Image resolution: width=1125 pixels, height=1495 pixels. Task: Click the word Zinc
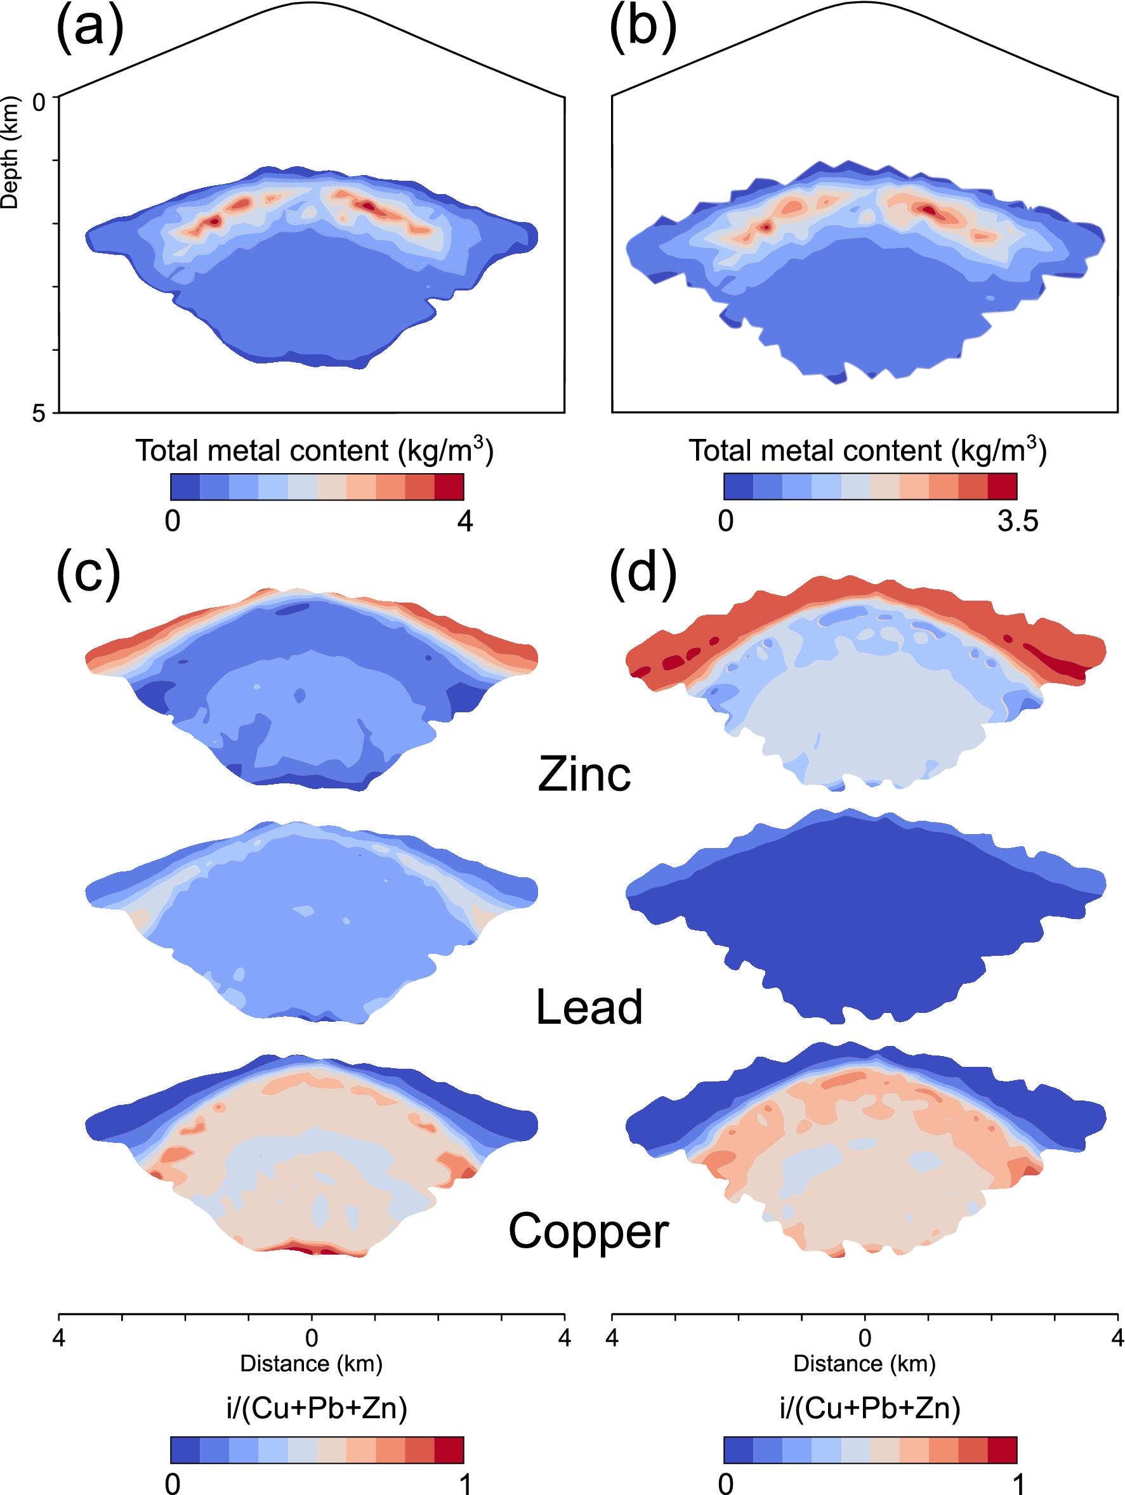(x=584, y=774)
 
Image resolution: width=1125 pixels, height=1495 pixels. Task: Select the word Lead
(x=588, y=1008)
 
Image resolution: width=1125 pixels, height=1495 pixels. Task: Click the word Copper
(x=588, y=1231)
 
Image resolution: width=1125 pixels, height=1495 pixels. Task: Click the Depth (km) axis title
(x=10, y=153)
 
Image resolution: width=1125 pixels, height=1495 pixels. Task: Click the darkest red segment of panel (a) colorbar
(x=449, y=486)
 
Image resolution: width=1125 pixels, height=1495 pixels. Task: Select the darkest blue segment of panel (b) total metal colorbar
(x=739, y=486)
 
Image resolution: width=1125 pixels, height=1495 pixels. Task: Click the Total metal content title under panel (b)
(x=867, y=451)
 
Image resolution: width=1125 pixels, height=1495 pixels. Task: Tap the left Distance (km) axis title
(x=311, y=1363)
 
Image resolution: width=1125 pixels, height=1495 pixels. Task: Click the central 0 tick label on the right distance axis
(x=865, y=1338)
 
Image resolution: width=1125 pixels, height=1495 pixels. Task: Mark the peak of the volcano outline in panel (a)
(x=311, y=3)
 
